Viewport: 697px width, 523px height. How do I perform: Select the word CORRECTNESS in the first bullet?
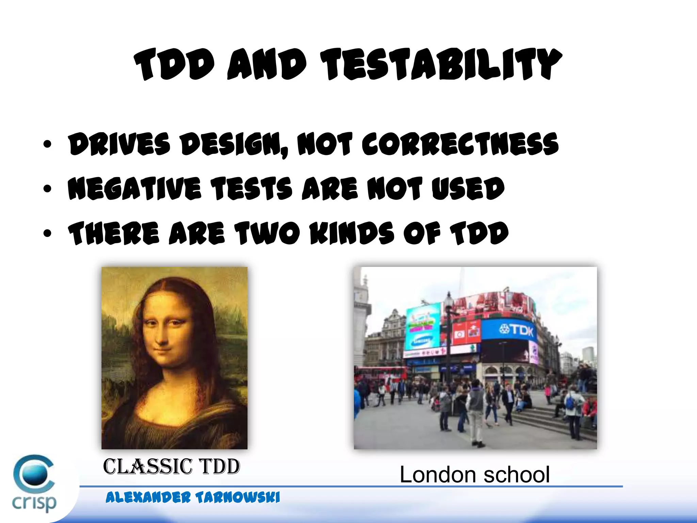[x=459, y=144]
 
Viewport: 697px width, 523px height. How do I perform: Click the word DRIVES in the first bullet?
[x=119, y=144]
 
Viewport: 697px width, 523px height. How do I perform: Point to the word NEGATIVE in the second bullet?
[x=134, y=188]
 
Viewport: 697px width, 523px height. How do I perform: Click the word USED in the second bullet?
[x=468, y=188]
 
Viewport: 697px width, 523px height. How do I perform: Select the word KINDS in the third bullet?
[x=352, y=233]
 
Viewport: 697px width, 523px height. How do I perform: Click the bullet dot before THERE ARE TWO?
[x=47, y=233]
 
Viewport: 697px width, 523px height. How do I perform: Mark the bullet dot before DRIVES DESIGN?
[x=47, y=144]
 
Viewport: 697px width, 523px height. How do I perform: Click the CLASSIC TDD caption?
[x=172, y=466]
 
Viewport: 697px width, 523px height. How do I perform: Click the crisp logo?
[x=34, y=484]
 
